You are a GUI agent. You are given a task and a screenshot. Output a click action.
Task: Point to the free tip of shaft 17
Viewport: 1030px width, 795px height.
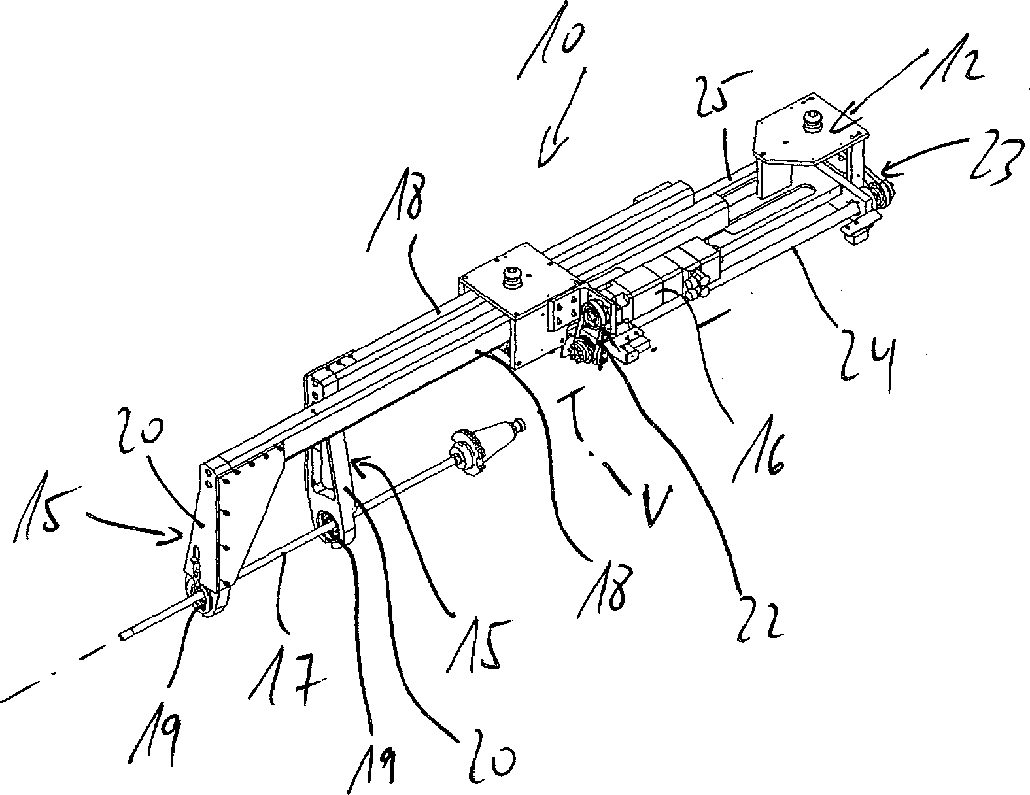point(124,636)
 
